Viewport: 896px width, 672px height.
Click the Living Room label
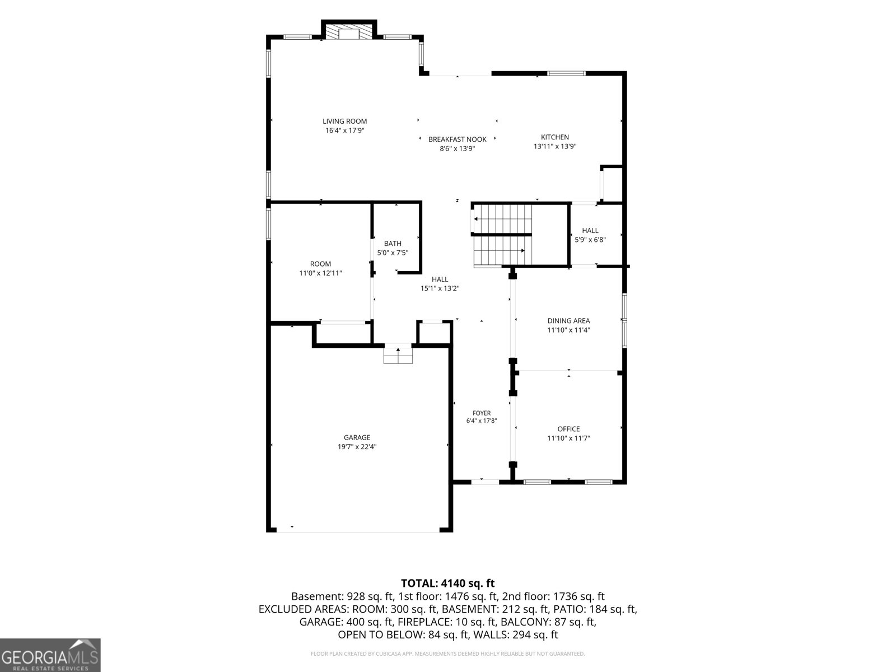[x=344, y=121]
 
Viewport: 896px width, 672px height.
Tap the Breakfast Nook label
[x=457, y=139]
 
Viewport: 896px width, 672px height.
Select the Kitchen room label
[x=555, y=137]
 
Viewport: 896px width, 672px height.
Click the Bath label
[x=393, y=244]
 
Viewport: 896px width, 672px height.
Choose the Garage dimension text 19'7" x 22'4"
[x=357, y=447]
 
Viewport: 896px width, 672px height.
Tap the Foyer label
[x=482, y=413]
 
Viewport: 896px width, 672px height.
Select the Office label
[x=568, y=429]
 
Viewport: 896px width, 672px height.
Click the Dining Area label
[x=568, y=321]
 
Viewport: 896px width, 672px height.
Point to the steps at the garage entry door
[x=398, y=354]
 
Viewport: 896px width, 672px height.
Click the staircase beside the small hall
[x=503, y=235]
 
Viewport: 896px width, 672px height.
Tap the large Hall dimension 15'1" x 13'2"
[x=440, y=288]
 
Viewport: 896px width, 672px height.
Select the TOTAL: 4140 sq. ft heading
[x=448, y=583]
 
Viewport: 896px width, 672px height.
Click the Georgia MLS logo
[x=50, y=655]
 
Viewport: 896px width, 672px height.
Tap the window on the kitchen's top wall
[x=566, y=73]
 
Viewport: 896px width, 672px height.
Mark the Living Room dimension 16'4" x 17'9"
[x=344, y=130]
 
